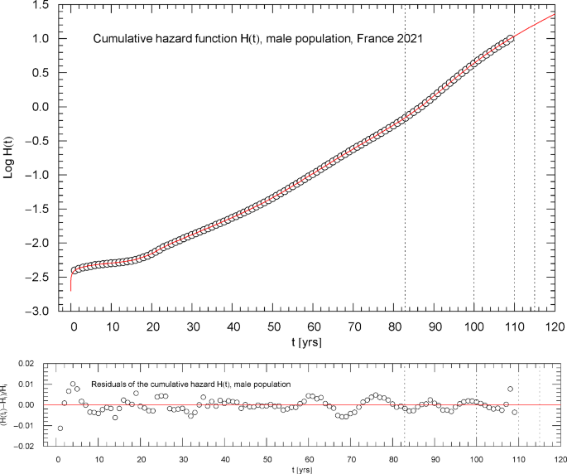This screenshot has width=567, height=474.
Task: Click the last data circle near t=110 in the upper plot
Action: tap(510, 38)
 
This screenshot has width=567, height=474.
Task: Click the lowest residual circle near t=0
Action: tap(60, 428)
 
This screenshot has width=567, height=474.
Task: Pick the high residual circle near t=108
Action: tap(510, 389)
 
